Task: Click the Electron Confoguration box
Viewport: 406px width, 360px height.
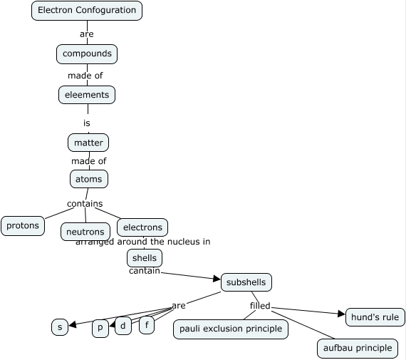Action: [x=87, y=11]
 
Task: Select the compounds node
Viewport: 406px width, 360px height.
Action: [x=87, y=54]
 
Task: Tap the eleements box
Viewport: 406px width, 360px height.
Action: [x=87, y=95]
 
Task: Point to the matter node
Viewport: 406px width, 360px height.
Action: [x=88, y=143]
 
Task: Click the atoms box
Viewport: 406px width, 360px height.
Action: [x=88, y=179]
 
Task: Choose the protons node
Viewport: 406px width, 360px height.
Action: [x=23, y=226]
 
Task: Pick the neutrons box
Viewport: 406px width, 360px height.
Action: [x=85, y=232]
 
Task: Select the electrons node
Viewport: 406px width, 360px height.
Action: [x=142, y=227]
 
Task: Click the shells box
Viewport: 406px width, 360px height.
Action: [x=145, y=258]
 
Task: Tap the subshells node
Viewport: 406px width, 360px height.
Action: [x=246, y=282]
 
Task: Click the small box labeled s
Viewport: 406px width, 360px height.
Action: [x=60, y=327]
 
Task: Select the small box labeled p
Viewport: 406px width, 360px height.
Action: [x=100, y=328]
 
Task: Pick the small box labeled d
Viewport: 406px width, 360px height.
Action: [x=123, y=326]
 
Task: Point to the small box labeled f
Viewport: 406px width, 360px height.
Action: [x=147, y=325]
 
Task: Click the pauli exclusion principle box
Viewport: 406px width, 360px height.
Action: [x=231, y=329]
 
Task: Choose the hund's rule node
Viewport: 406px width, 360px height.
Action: [x=375, y=317]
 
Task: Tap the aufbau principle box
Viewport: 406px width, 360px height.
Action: [x=357, y=348]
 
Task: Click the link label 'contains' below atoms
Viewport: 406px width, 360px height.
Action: [x=85, y=204]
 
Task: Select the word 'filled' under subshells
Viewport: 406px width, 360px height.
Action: [x=260, y=307]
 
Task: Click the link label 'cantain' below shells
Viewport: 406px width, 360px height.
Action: [x=145, y=271]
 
